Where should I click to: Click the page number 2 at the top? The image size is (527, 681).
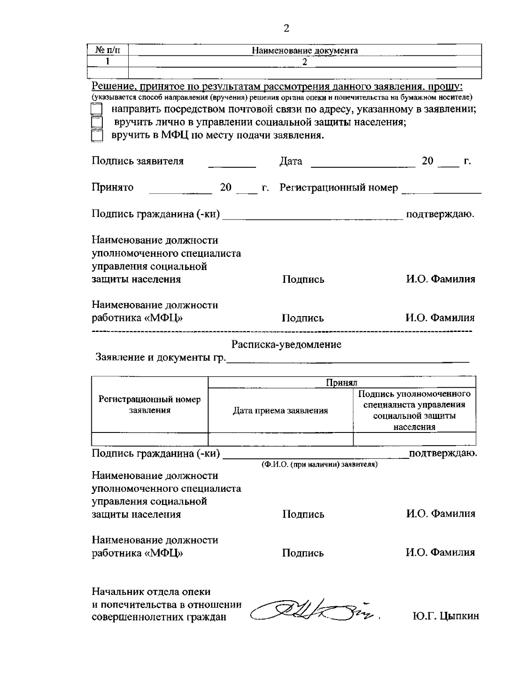286,29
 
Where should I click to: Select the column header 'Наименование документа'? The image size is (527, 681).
305,50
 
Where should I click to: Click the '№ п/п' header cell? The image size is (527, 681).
108,50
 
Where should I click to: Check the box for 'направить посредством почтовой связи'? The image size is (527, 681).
96,109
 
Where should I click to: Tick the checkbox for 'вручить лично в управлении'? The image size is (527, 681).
96,123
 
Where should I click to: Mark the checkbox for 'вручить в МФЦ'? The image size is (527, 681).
96,136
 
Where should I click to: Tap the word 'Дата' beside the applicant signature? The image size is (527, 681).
291,162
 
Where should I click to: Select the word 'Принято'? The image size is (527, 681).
112,188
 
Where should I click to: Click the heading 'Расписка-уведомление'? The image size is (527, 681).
286,345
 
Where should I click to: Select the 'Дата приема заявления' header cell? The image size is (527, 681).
280,411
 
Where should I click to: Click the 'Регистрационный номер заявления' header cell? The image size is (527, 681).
149,405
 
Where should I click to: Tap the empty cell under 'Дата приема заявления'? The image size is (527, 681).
280,439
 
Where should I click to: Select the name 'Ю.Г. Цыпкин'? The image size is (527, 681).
445,616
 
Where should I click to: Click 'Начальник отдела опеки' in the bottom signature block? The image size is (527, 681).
151,592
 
